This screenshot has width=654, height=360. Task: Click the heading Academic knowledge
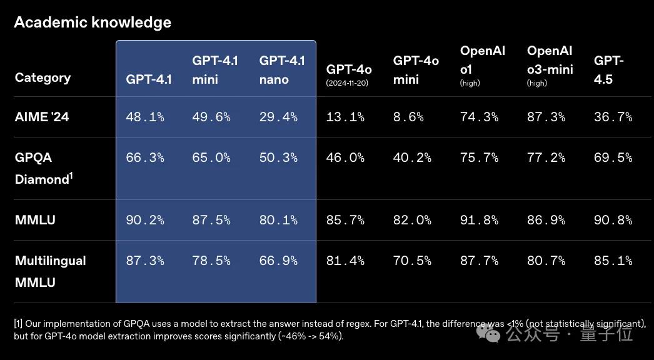pyautogui.click(x=93, y=22)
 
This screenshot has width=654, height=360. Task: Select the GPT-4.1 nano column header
pyautogui.click(x=282, y=70)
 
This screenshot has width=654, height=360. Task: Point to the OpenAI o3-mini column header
pyautogui.click(x=550, y=66)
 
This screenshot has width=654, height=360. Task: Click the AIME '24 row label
pyautogui.click(x=42, y=117)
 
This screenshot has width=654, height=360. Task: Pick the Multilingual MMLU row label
pyautogui.click(x=50, y=271)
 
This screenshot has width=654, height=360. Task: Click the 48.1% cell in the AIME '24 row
pyautogui.click(x=145, y=117)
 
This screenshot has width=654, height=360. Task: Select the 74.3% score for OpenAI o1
pyautogui.click(x=479, y=117)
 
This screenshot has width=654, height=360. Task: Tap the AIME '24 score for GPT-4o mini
pyautogui.click(x=408, y=117)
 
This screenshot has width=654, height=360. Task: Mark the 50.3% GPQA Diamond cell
pyautogui.click(x=278, y=157)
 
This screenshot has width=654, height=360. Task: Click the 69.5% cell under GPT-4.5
pyautogui.click(x=613, y=157)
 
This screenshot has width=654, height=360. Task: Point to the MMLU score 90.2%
pyautogui.click(x=145, y=220)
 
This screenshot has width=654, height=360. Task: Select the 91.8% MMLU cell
pyautogui.click(x=479, y=220)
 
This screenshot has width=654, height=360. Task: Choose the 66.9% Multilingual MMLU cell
pyautogui.click(x=278, y=261)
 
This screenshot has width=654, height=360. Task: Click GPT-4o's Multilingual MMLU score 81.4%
pyautogui.click(x=345, y=261)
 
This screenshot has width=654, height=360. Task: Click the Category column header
pyautogui.click(x=43, y=78)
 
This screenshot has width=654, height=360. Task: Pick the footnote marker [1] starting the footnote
pyautogui.click(x=18, y=324)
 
